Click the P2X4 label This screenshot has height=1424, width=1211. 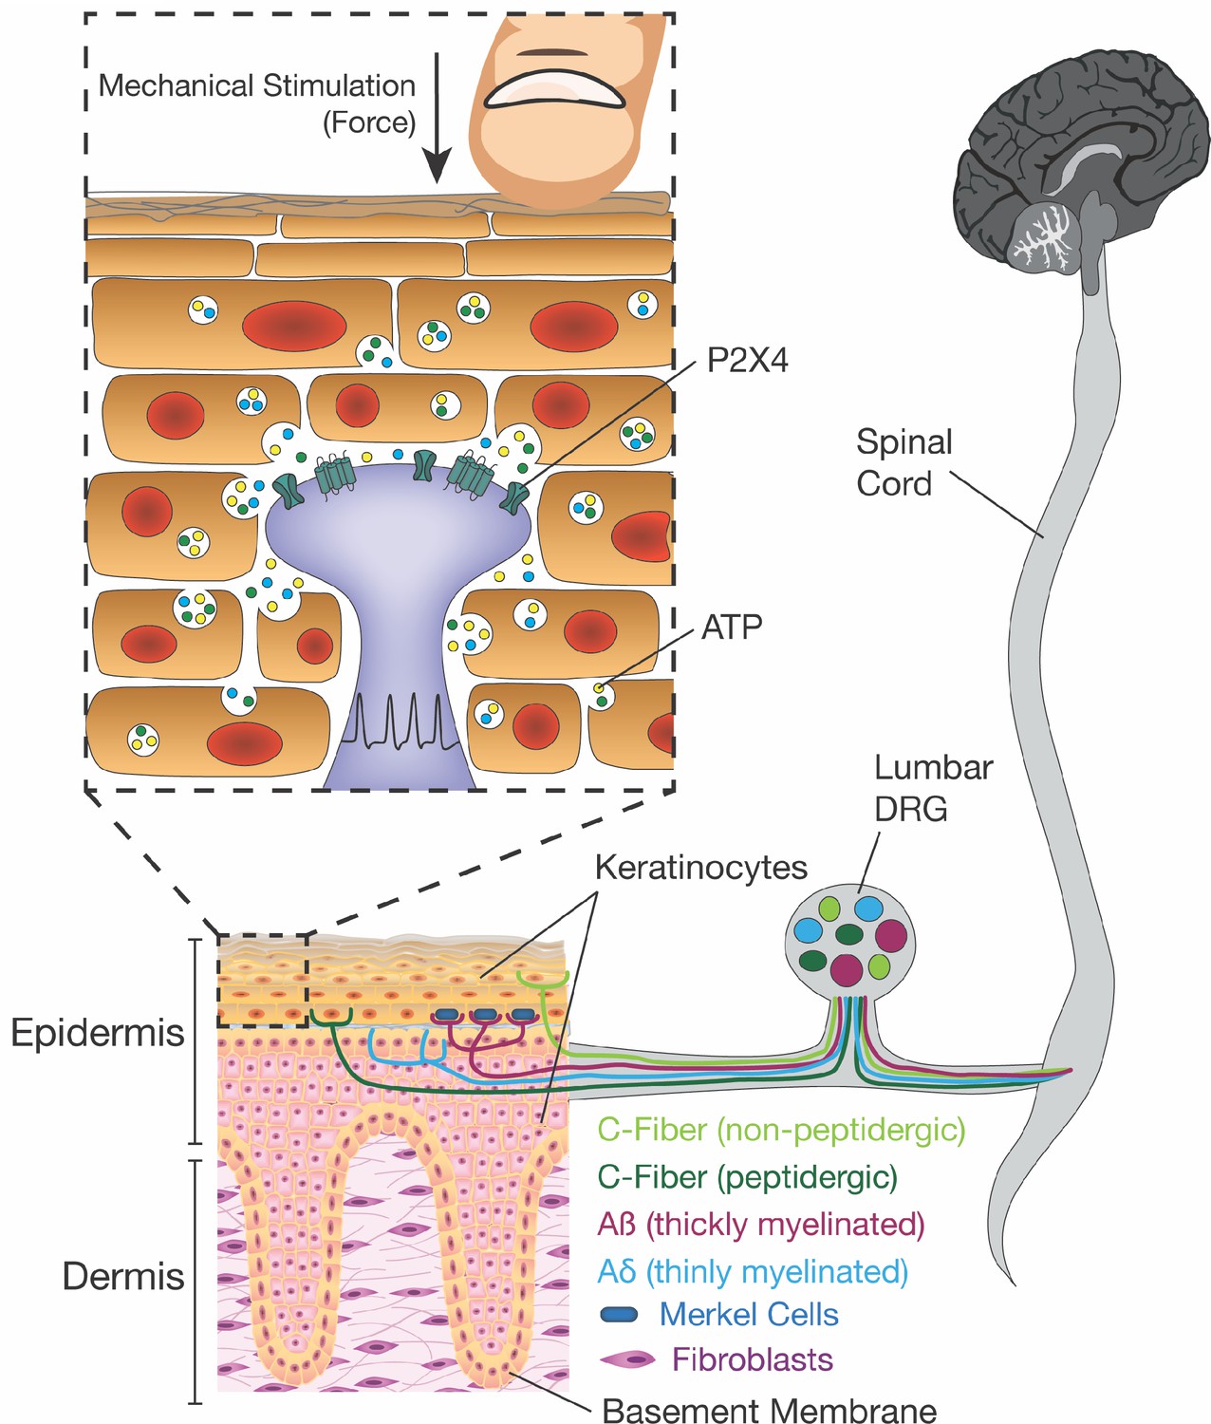(x=748, y=361)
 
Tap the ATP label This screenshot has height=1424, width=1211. (x=733, y=627)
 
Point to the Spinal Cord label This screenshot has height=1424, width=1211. (x=904, y=462)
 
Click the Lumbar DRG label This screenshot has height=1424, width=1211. (x=933, y=788)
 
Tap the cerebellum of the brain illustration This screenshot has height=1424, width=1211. (x=1044, y=237)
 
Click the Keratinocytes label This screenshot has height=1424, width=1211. (x=700, y=868)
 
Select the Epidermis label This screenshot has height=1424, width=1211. (x=98, y=1033)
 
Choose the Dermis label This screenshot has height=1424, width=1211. (x=123, y=1277)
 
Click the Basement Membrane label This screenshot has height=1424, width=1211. (x=770, y=1410)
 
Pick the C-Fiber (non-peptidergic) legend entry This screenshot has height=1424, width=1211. (x=781, y=1130)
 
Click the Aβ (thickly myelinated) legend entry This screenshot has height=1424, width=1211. (x=761, y=1224)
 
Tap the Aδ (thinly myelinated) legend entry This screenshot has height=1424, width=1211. (x=753, y=1270)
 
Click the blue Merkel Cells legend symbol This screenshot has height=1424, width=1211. (x=620, y=1314)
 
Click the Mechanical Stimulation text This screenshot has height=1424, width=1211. (x=257, y=86)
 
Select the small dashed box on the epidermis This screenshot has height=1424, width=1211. (x=263, y=981)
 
